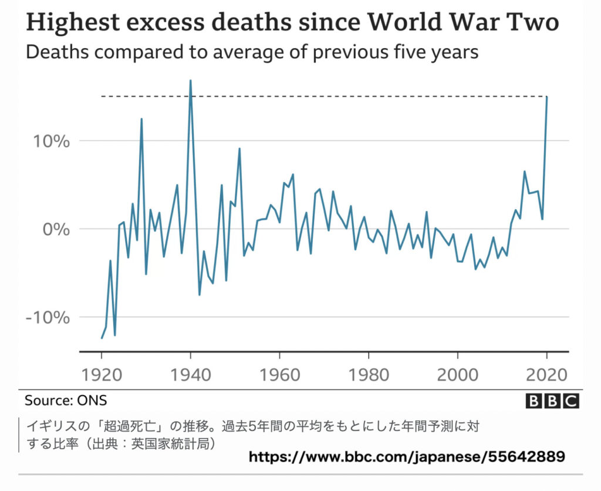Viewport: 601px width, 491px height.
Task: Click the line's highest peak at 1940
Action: coord(191,80)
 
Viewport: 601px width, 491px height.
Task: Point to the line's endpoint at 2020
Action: coord(547,97)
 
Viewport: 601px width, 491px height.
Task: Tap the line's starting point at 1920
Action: coord(102,338)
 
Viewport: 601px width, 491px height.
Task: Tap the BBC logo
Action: coord(552,401)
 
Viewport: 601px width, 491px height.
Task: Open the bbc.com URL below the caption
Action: coord(407,456)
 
